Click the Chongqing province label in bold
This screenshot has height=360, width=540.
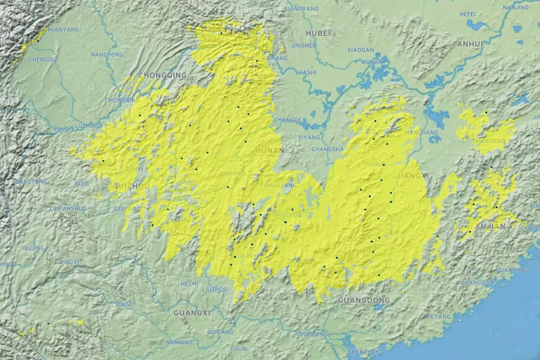pyautogui.click(x=162, y=75)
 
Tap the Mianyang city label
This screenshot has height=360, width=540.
pyautogui.click(x=63, y=29)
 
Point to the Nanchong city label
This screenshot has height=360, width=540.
pyautogui.click(x=107, y=55)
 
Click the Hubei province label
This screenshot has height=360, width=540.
pyautogui.click(x=317, y=33)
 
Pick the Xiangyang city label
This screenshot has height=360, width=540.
pyautogui.click(x=301, y=9)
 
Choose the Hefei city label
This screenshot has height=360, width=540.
pyautogui.click(x=467, y=14)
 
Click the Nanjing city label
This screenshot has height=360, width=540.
pyautogui.click(x=516, y=7)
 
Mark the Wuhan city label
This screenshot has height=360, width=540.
pyautogui.click(x=371, y=62)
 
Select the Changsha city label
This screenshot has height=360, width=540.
pyautogui.click(x=328, y=149)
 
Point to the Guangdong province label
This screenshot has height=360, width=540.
pyautogui.click(x=364, y=300)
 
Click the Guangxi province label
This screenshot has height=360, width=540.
pyautogui.click(x=191, y=313)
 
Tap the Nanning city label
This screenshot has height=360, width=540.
pyautogui.click(x=179, y=343)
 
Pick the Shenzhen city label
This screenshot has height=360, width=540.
pyautogui.click(x=364, y=351)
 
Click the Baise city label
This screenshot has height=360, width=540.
pyautogui.click(x=124, y=304)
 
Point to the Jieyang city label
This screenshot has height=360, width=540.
pyautogui.click(x=438, y=316)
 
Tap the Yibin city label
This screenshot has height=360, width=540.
pyautogui.click(x=61, y=130)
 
